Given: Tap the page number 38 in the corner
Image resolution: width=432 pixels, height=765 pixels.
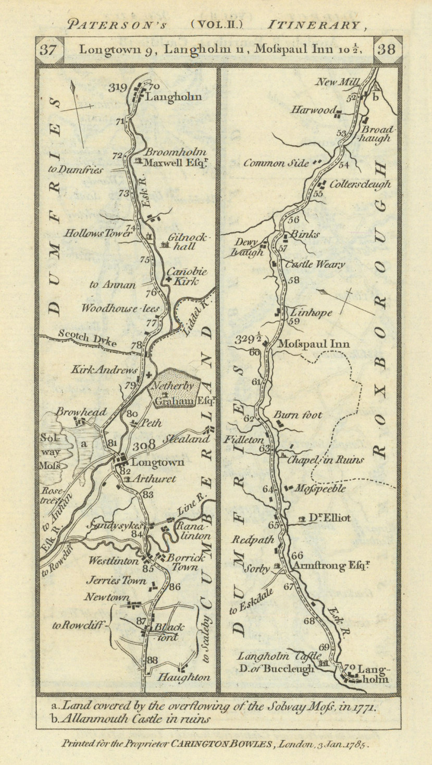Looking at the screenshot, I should [386, 51].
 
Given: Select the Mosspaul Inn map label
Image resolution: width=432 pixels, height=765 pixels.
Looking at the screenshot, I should [313, 344].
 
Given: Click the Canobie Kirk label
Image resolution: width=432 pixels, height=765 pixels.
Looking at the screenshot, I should [187, 276].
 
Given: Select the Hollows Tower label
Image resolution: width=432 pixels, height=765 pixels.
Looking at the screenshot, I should [98, 234].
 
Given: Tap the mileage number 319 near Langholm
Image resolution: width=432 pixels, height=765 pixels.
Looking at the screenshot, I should [118, 88].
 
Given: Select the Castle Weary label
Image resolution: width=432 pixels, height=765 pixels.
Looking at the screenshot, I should [315, 265].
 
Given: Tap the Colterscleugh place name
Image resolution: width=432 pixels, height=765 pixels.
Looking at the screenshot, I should [360, 184].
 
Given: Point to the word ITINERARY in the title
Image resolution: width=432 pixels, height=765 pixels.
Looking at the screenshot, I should [313, 24].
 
